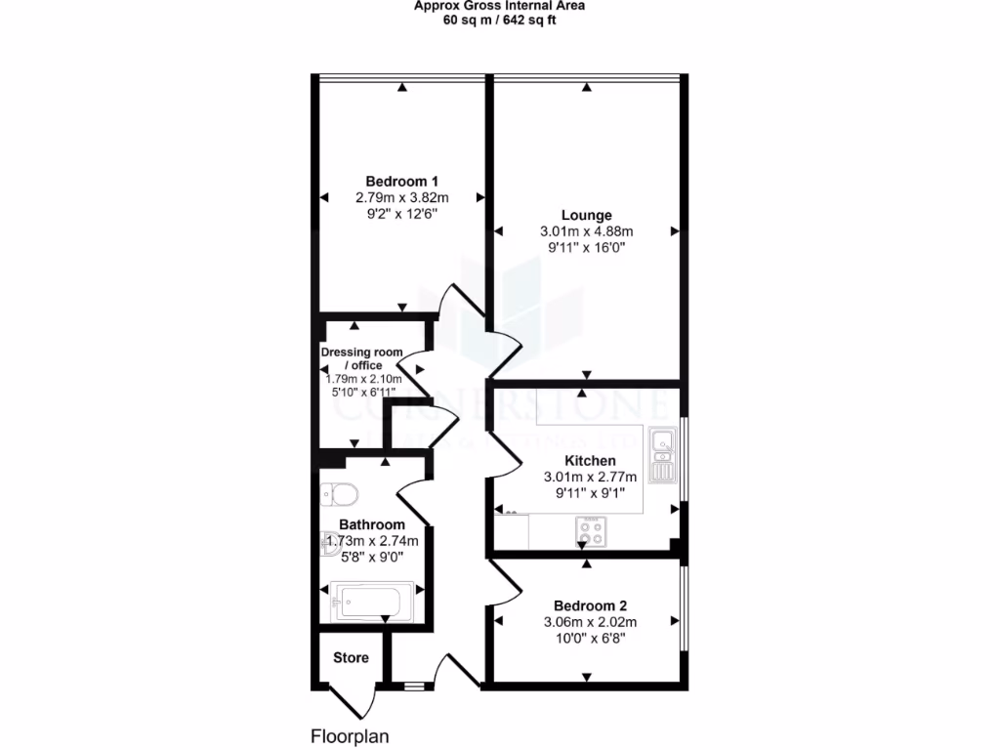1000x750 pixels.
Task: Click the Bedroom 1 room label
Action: tap(401, 181)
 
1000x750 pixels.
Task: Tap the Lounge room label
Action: tap(586, 215)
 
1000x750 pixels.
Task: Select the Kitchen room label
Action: tap(590, 461)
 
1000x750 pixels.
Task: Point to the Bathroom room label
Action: tap(371, 524)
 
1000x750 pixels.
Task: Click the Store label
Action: tap(351, 657)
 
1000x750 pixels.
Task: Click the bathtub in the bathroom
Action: tap(371, 596)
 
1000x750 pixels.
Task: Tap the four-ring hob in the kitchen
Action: tap(590, 532)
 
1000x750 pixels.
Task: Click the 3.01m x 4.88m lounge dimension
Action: tap(587, 231)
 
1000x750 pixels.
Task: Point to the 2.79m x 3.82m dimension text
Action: tap(401, 197)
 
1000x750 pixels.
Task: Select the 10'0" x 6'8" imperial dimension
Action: tap(588, 638)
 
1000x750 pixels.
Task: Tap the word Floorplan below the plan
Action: tap(351, 735)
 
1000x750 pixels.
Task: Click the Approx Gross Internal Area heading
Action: tap(499, 4)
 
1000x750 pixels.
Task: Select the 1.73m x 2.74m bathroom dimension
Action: tap(371, 541)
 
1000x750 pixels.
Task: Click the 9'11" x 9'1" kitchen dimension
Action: tap(590, 493)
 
